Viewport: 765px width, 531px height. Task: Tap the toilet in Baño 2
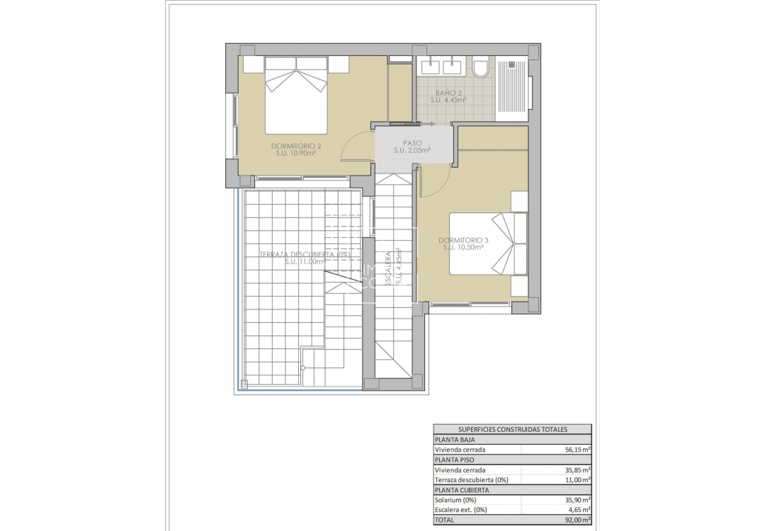tap(481, 69)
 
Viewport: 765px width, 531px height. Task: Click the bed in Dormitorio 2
tap(296, 95)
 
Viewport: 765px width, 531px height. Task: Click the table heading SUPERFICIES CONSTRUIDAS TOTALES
tap(513, 429)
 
